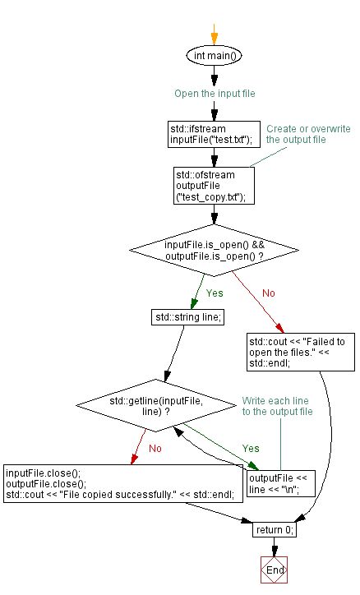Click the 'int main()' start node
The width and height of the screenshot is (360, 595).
[214, 56]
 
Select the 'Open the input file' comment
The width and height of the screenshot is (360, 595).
[215, 94]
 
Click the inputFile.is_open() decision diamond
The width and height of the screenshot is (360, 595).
[214, 250]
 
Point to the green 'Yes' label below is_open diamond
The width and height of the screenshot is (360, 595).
[214, 292]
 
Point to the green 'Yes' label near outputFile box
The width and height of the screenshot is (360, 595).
[250, 449]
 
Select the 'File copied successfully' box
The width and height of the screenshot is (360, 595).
[120, 484]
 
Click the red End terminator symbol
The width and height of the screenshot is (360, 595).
[275, 570]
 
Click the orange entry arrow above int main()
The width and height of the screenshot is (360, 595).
[214, 33]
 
